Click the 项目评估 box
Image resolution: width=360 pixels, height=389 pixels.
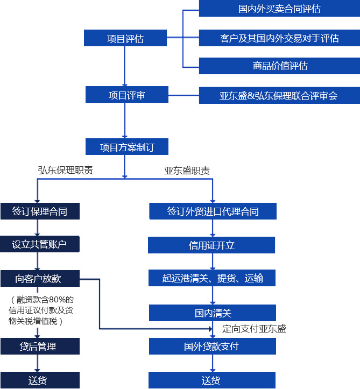(x=125, y=38)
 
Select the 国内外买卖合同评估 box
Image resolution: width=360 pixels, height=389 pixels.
(x=279, y=9)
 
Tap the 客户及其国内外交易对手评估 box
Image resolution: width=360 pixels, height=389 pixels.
(x=279, y=38)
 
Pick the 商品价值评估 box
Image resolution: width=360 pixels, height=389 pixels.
(x=279, y=66)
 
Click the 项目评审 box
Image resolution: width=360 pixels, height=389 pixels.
(x=126, y=95)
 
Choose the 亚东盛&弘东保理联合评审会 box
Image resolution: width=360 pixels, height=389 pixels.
(x=279, y=96)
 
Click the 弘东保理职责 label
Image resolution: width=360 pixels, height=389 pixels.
(x=65, y=170)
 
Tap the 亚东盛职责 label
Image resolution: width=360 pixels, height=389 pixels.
(x=187, y=171)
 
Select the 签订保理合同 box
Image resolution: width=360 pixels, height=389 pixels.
(x=40, y=211)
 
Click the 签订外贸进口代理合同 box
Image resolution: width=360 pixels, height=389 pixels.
(x=213, y=211)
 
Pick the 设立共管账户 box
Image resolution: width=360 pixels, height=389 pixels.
(x=40, y=244)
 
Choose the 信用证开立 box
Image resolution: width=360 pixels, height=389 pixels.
(x=211, y=245)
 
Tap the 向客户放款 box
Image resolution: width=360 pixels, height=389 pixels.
(x=40, y=278)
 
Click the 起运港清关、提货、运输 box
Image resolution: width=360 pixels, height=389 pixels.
(x=213, y=278)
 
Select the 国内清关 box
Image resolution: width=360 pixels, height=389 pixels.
(x=213, y=313)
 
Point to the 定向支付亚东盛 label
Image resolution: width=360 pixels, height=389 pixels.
(x=254, y=328)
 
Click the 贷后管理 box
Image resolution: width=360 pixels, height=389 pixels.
(x=40, y=346)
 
